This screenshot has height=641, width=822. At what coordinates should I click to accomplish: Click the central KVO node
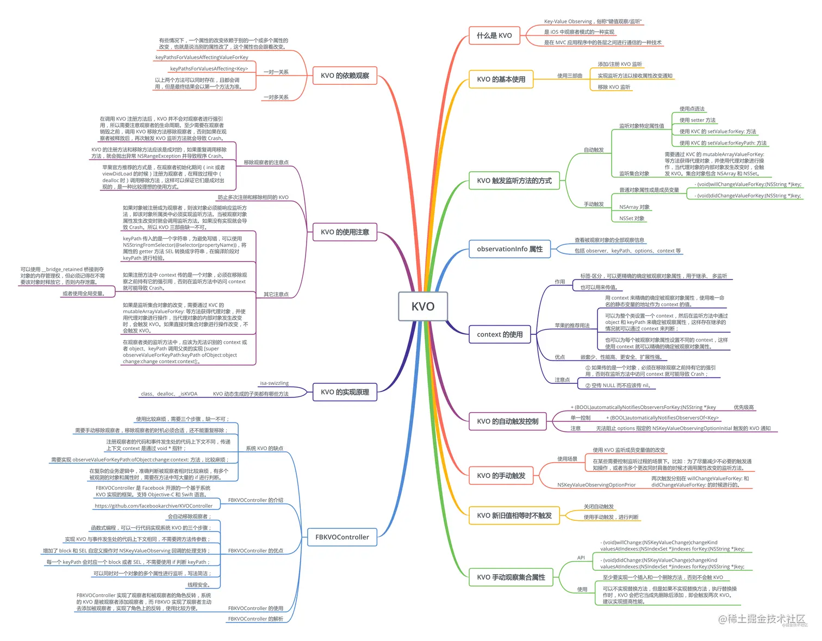[x=423, y=306]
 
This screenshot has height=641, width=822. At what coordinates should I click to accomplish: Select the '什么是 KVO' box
[x=494, y=35]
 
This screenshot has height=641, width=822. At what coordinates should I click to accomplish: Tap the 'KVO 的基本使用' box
[x=501, y=79]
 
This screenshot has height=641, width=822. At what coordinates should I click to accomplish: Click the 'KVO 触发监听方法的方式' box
[x=514, y=181]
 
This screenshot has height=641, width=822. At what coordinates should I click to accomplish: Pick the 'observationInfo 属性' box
[x=509, y=249]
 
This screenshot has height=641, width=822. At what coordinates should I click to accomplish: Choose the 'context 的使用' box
[x=500, y=334]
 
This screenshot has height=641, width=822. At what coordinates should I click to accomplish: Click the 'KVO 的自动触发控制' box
[x=507, y=421]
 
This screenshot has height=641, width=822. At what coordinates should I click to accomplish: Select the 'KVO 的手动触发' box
[x=501, y=475]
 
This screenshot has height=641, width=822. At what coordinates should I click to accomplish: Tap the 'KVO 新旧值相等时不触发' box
[x=514, y=515]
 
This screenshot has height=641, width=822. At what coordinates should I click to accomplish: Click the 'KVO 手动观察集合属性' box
[x=510, y=577]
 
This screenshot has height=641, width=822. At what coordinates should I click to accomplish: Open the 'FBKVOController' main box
[x=342, y=537]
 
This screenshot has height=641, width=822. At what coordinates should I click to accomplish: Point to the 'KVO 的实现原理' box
[x=345, y=392]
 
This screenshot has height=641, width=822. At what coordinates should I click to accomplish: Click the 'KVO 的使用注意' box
[x=345, y=232]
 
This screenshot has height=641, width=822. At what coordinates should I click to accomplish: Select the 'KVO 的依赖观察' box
[x=345, y=76]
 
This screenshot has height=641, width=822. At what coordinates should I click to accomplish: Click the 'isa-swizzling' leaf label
[x=274, y=383]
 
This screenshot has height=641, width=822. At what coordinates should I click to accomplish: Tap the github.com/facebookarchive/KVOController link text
[x=153, y=506]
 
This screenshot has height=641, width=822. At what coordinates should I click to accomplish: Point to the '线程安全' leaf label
[x=198, y=585]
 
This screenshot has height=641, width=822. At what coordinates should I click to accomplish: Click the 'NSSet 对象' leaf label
[x=632, y=219]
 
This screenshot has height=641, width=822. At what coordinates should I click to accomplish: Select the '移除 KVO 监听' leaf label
[x=614, y=87]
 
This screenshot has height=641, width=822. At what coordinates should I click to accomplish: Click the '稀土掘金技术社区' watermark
[x=766, y=619]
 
